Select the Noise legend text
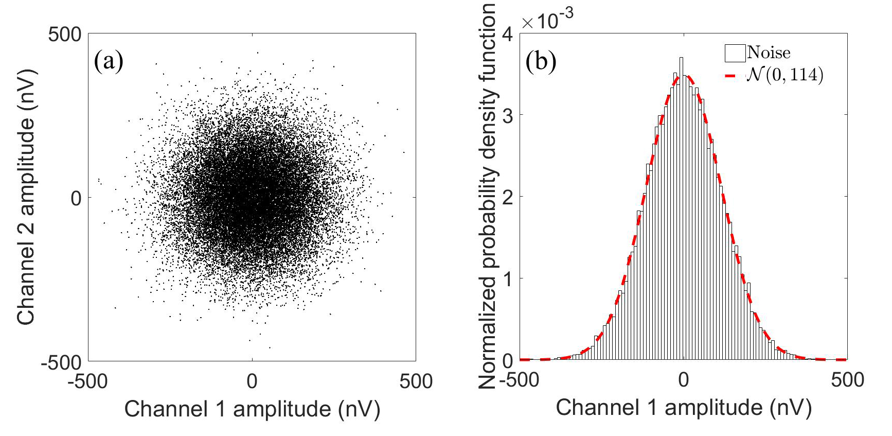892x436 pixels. (769, 53)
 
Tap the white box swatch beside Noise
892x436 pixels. (735, 53)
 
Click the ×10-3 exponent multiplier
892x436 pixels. (547, 20)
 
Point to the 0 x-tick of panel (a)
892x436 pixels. (252, 381)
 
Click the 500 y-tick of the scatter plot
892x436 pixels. (65, 35)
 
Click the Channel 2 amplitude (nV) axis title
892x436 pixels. (26, 198)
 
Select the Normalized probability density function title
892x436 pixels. (487, 196)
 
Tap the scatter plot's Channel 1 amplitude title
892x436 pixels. (252, 409)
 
